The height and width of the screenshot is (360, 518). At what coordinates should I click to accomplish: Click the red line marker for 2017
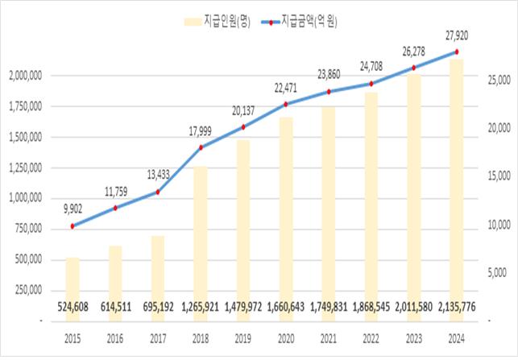coord(158,192)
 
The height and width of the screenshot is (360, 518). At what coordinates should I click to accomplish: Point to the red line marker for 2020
coord(286,104)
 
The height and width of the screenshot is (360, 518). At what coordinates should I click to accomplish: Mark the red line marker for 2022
coord(371,83)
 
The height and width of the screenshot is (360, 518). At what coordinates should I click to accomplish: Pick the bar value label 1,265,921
coord(201,306)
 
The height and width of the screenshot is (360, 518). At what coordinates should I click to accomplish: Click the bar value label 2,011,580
coord(414,306)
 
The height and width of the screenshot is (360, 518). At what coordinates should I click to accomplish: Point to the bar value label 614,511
coord(115,306)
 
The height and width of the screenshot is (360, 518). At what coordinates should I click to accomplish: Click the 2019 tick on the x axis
coord(243,339)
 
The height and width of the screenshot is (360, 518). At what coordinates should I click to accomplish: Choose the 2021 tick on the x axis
coord(329,339)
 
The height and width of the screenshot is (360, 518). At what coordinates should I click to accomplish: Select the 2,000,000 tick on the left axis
coord(27,76)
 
